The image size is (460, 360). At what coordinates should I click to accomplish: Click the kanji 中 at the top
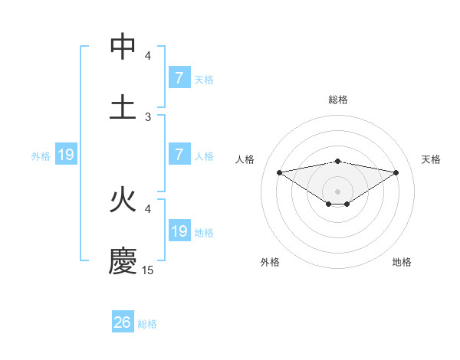click(x=123, y=47)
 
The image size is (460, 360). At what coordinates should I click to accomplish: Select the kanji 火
click(x=123, y=201)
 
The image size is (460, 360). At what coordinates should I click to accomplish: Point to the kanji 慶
click(x=123, y=261)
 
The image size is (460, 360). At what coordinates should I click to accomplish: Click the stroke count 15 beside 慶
click(x=148, y=270)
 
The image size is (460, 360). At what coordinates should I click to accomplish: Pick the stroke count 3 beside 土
click(x=148, y=116)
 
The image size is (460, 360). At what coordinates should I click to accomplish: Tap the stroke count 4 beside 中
click(x=148, y=56)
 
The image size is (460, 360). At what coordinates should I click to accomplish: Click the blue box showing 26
click(x=123, y=322)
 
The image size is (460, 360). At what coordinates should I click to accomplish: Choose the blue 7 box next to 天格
click(x=179, y=78)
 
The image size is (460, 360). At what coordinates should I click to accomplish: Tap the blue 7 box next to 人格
click(x=179, y=155)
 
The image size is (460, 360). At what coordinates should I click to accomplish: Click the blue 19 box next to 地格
click(x=179, y=231)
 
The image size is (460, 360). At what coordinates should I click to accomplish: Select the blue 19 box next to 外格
click(x=66, y=155)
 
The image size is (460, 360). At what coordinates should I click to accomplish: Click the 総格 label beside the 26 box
click(x=147, y=324)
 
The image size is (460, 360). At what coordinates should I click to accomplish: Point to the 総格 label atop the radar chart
click(x=337, y=100)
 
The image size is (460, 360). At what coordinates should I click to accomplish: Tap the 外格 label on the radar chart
click(x=270, y=262)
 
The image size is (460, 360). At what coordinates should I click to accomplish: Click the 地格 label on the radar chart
click(x=402, y=262)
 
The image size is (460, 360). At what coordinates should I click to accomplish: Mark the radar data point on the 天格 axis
click(x=396, y=172)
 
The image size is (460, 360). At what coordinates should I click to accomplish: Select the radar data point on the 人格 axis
click(x=279, y=172)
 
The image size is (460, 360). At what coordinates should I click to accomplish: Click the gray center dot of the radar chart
click(x=337, y=191)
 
